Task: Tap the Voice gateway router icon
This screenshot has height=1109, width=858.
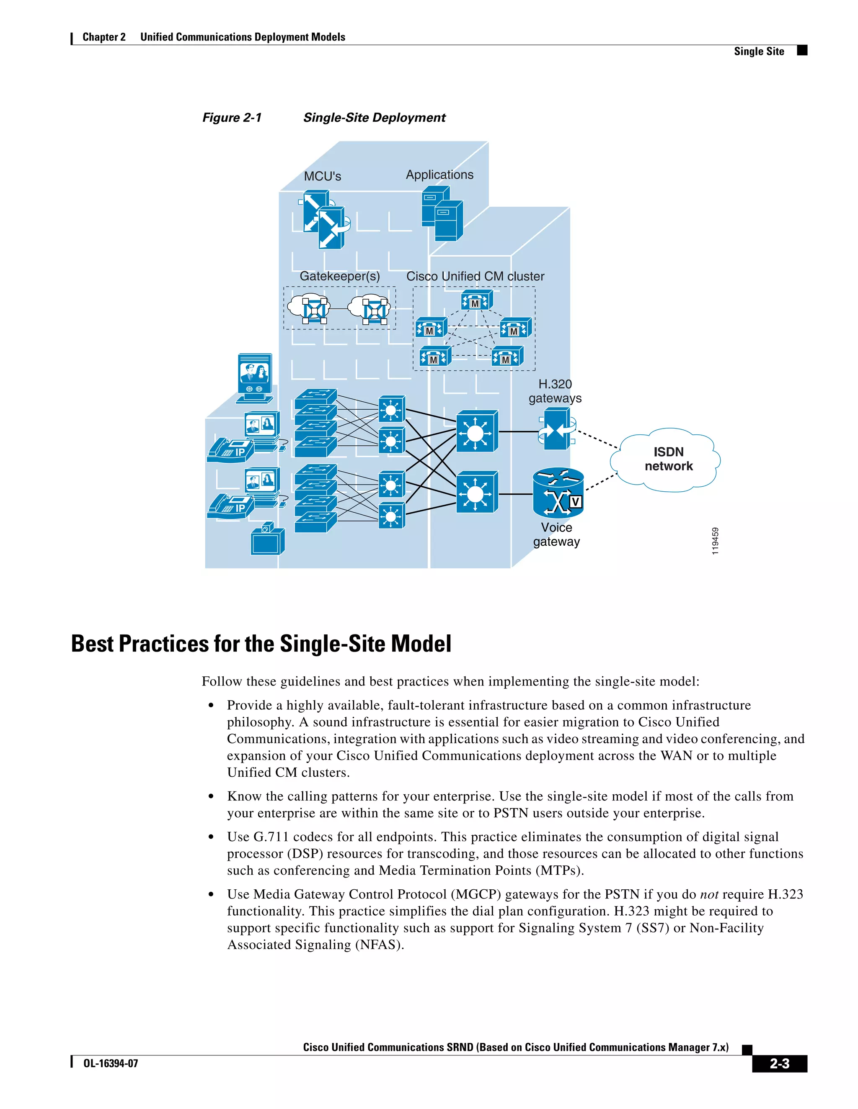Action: point(558,492)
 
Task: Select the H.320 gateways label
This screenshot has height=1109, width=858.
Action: point(555,391)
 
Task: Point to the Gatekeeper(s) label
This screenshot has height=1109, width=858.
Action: point(339,276)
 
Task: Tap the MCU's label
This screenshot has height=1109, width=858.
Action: point(322,176)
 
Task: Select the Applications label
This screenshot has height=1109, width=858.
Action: point(439,175)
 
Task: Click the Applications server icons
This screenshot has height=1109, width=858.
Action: point(442,213)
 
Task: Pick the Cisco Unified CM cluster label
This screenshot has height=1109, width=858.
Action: point(475,276)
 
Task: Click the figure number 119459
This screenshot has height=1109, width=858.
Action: point(715,541)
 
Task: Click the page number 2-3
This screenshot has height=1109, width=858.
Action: point(779,1063)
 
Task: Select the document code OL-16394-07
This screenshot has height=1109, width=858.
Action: point(110,1063)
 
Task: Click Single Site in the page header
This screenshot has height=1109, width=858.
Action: point(758,51)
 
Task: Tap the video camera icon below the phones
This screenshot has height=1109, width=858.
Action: point(267,540)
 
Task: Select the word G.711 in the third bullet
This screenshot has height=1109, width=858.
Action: point(271,837)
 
